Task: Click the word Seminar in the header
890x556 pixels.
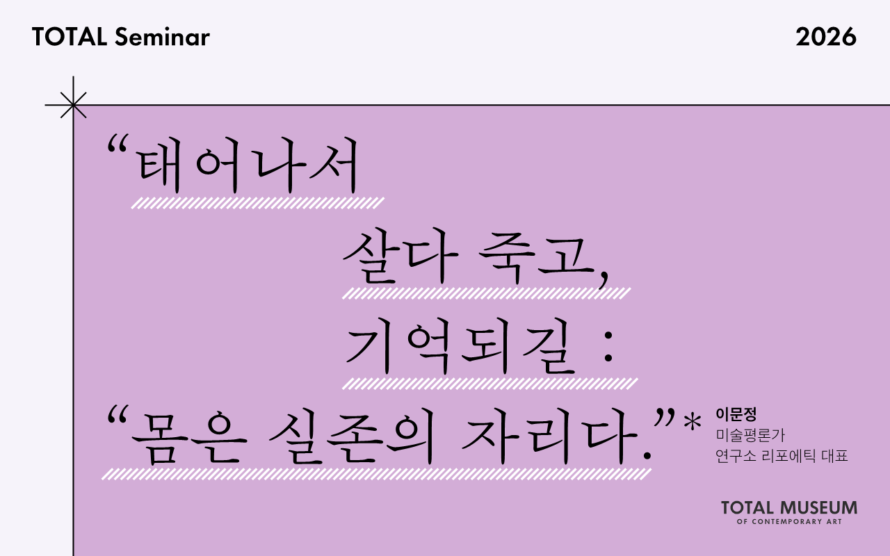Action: [162, 38]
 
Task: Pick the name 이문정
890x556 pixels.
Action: [736, 416]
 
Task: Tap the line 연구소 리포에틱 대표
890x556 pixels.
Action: [782, 457]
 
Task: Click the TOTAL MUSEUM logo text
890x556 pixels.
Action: [788, 507]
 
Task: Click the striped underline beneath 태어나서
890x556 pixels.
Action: [257, 203]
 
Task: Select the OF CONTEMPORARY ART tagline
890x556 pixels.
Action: [788, 522]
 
